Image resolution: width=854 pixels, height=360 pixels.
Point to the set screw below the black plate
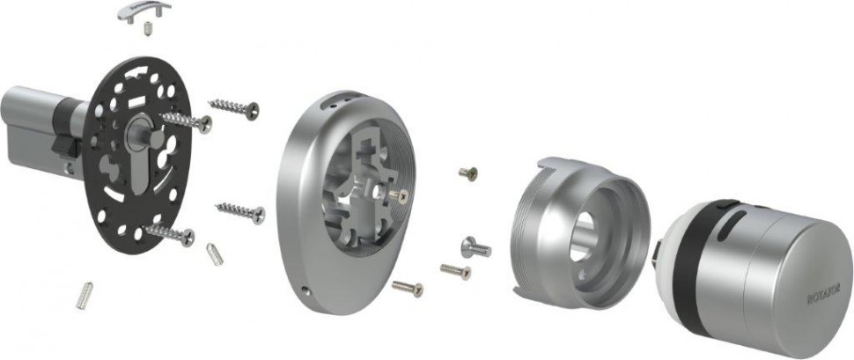[85, 295]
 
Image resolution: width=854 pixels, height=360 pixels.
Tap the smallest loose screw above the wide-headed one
[468, 174]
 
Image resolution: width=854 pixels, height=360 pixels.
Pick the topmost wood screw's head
[253, 110]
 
